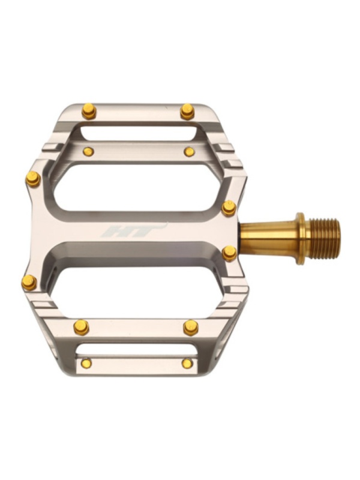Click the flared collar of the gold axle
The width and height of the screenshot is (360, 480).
301,238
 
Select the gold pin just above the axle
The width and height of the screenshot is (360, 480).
229,208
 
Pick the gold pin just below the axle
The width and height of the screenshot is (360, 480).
229,253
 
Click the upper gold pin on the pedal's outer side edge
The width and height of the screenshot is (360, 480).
33,179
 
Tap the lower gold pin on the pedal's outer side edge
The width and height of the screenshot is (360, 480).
29,282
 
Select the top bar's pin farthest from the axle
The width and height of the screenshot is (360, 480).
89,111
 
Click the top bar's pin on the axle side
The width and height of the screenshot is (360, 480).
187,112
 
